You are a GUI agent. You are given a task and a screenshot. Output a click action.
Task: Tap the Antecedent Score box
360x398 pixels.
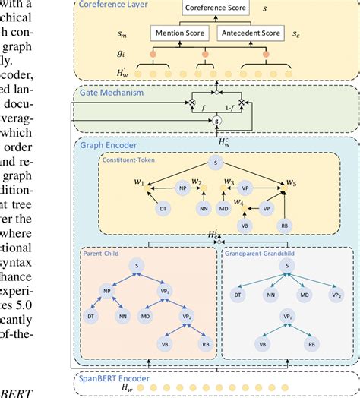pos(250,33)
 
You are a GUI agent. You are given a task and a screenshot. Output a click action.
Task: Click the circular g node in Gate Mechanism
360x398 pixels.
pos(218,121)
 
